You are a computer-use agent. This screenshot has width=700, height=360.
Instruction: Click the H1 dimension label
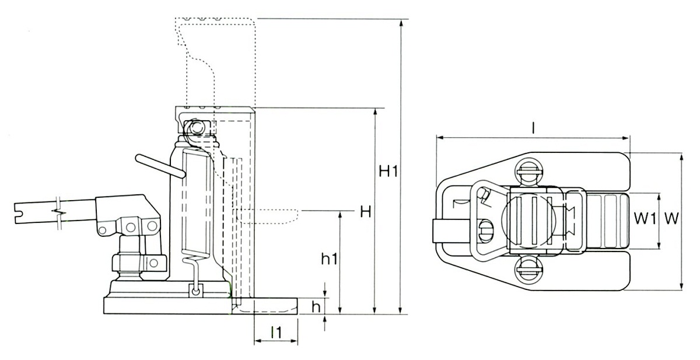388,172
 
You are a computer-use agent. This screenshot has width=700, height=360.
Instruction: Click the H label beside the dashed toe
365,212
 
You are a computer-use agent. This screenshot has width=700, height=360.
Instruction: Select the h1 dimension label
330,259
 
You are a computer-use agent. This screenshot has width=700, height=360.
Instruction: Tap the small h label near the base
316,307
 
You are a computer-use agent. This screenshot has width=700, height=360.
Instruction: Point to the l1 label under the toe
276,332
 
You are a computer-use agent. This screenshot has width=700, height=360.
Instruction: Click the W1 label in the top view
645,218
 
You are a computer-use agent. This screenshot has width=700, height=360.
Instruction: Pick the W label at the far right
671,218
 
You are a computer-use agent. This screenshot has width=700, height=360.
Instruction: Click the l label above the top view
533,128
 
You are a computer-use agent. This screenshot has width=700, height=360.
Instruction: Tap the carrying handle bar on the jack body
160,166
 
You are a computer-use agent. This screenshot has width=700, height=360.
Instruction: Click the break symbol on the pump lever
60,213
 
